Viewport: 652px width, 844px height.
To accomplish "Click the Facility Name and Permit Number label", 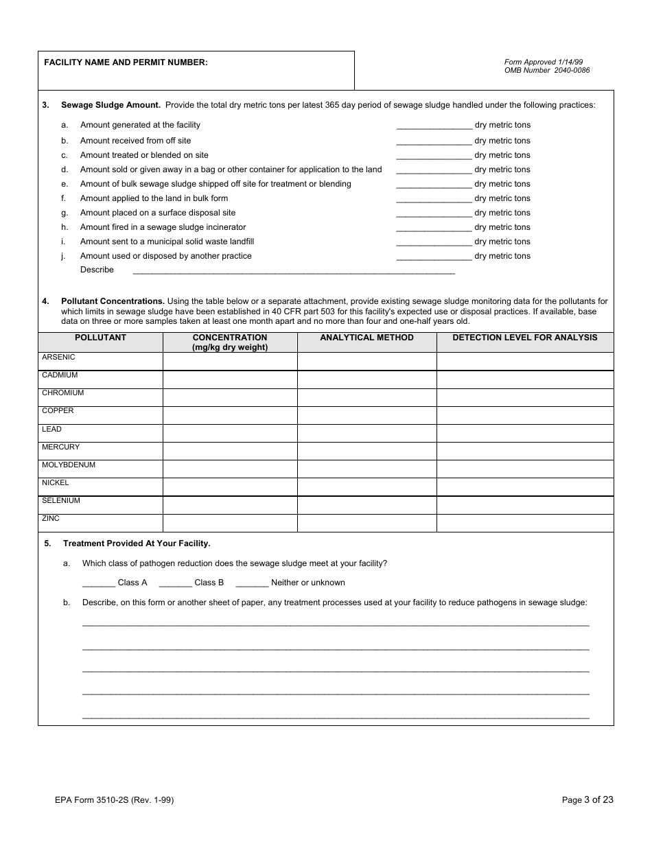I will tap(126, 62).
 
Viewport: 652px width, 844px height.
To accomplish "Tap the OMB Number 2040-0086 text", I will tap(546, 71).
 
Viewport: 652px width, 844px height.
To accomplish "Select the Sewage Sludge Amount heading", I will tap(110, 105).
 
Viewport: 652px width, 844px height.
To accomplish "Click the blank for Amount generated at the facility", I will tap(434, 126).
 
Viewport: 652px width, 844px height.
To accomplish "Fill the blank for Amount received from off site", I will tap(434, 141).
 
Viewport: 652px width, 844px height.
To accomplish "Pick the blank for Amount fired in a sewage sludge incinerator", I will tap(434, 228).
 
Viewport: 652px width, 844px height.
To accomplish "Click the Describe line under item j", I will tap(293, 270).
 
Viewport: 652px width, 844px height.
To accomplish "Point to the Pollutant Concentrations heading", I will tap(113, 301).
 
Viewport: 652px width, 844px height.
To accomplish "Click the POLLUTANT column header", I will tap(100, 338).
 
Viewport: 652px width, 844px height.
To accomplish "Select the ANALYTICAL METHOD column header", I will tap(366, 338).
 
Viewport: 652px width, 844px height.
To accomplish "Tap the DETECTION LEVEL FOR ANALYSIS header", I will tap(524, 338).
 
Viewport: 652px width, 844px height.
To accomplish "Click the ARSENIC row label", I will tap(58, 357).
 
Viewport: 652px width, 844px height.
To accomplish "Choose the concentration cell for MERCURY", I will tap(229, 451).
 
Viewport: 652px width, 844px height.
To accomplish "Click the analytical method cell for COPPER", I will tap(366, 415).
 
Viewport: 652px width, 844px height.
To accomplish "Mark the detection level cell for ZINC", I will tap(524, 523).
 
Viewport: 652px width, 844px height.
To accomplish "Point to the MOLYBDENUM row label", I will tap(69, 465).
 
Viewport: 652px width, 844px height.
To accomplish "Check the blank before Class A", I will tap(99, 583).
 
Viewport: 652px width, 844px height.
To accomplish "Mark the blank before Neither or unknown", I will tap(252, 583).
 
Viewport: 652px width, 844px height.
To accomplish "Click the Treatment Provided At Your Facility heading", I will tap(137, 543).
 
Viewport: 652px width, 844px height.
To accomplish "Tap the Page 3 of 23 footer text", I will tap(587, 799).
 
